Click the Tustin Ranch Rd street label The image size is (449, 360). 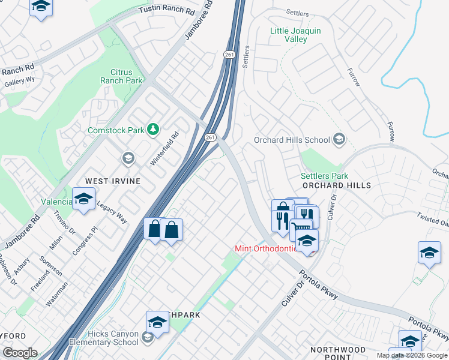coord(167,11)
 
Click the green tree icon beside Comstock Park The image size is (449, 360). coord(154,129)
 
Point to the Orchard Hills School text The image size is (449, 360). coord(292,140)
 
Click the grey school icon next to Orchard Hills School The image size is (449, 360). coord(339,140)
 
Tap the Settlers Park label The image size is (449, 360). coord(324,176)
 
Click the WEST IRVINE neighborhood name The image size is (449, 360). coord(112,181)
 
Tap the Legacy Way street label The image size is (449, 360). coord(112,211)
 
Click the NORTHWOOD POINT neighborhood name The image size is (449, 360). coord(338,353)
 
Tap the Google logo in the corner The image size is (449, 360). coord(20,352)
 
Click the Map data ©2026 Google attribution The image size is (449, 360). coord(411,355)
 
